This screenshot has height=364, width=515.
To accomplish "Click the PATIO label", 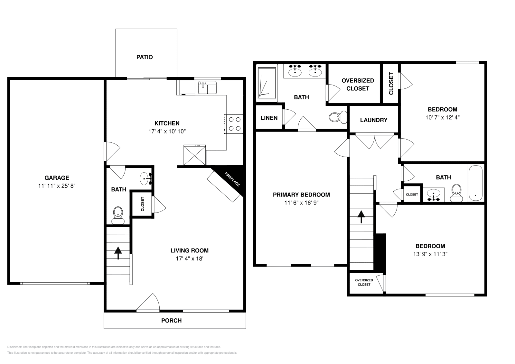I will [x=145, y=57].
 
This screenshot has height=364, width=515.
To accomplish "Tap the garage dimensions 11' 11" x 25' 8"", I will [x=57, y=186].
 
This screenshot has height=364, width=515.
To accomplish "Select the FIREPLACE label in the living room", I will [x=232, y=179].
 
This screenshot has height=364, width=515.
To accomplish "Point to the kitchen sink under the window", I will [x=207, y=87].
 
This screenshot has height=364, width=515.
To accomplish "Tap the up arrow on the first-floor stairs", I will [x=118, y=252].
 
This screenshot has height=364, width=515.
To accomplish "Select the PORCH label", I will [x=171, y=321].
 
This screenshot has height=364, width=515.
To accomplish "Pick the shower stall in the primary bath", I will [x=267, y=83].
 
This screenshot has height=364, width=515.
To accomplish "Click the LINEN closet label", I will [x=269, y=118].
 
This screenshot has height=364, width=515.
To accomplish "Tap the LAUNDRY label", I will [x=373, y=120].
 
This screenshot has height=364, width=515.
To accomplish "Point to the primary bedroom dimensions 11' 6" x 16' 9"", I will [x=301, y=203].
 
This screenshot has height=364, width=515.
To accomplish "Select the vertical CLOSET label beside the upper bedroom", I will [x=391, y=84].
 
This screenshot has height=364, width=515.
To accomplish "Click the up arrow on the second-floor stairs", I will [x=361, y=217].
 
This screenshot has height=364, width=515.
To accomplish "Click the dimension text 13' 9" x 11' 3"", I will [x=430, y=254].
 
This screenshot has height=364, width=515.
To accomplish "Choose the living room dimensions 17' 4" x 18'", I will [x=189, y=259].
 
